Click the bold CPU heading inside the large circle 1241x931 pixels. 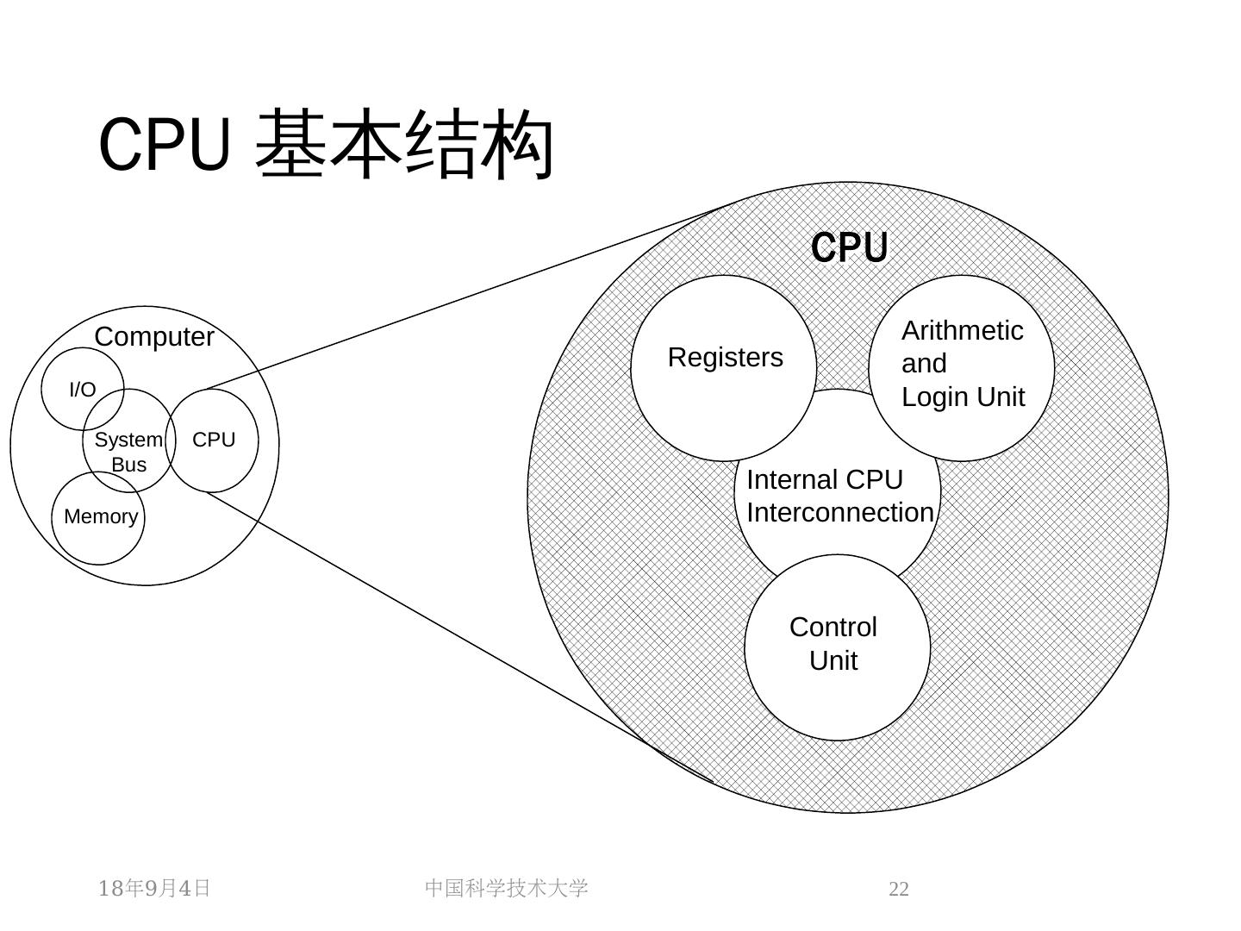coord(849,247)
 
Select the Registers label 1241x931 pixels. coord(726,357)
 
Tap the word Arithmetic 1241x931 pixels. coord(963,331)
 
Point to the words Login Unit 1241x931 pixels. coord(963,397)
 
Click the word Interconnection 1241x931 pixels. coord(839,513)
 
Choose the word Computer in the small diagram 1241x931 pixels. coord(153,337)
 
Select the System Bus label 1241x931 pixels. coord(129,452)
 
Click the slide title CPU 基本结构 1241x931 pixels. coord(326,144)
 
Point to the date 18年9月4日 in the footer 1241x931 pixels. coord(153,888)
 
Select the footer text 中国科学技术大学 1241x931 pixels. coord(506,888)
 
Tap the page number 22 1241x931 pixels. coord(898,889)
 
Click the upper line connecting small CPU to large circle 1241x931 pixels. coord(470,294)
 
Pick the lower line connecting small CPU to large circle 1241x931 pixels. coord(459,638)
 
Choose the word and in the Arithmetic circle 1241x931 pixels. coord(924,364)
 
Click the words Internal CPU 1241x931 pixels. coord(825,480)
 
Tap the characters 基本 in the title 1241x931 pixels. coord(329,144)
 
